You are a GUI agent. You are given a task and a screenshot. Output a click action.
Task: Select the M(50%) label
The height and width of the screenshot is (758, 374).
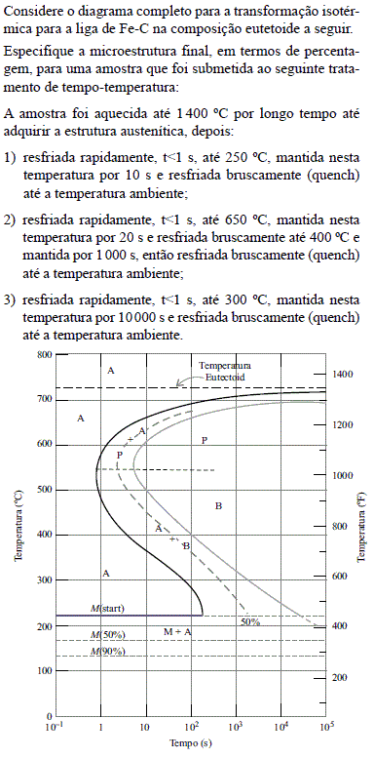[x=108, y=635]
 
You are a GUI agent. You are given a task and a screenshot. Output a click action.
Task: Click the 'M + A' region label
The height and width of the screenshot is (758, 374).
[x=177, y=632]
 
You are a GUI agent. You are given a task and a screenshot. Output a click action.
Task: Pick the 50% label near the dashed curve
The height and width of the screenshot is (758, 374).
[x=250, y=621]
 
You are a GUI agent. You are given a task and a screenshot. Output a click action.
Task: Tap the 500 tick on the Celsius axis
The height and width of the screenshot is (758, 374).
[x=41, y=490]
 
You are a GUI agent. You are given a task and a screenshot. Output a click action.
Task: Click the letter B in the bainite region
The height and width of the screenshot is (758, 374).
[x=218, y=505]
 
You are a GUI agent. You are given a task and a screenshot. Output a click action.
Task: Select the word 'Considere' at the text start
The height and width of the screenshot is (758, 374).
[x=32, y=11]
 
